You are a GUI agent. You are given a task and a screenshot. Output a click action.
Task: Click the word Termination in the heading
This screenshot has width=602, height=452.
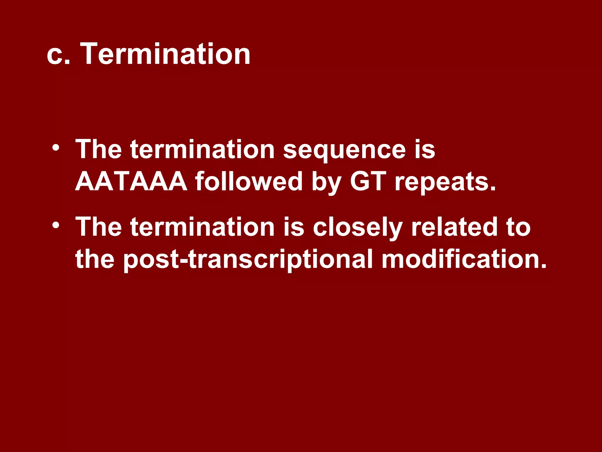pyautogui.click(x=165, y=54)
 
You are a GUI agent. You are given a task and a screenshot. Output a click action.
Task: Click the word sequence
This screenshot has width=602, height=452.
pyautogui.click(x=344, y=150)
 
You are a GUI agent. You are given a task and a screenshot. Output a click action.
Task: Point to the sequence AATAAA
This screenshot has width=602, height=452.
pyautogui.click(x=131, y=182)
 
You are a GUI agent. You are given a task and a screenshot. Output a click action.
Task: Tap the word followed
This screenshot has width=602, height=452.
pyautogui.click(x=249, y=182)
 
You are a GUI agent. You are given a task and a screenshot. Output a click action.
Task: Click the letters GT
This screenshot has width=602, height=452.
pyautogui.click(x=368, y=182)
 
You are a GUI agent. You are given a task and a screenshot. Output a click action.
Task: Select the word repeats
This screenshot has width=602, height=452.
pyautogui.click(x=445, y=182)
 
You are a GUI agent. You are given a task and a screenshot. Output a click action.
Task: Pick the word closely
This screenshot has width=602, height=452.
pyautogui.click(x=357, y=227)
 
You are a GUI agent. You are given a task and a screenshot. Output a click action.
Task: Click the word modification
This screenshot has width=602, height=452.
pyautogui.click(x=464, y=259)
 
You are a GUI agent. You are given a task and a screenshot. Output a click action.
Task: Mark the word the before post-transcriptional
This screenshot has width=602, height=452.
pyautogui.click(x=95, y=259)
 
